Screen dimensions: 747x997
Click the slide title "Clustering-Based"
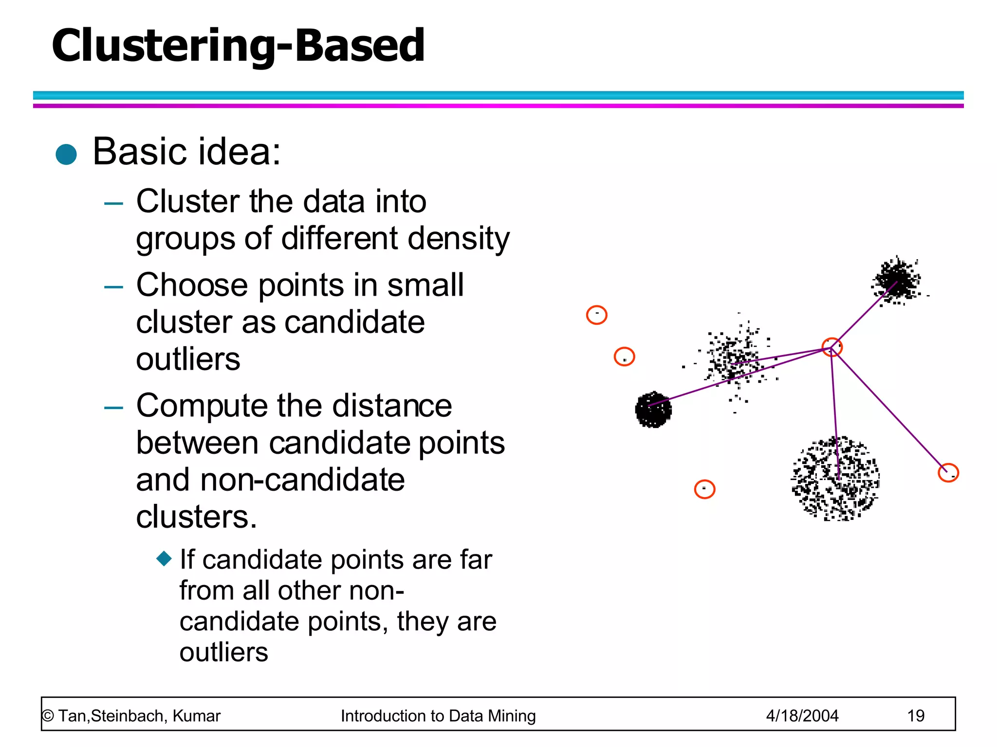(x=238, y=46)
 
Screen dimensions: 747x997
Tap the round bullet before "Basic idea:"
(x=66, y=155)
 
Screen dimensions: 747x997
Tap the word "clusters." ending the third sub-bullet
(x=196, y=516)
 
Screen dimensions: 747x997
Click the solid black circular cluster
(x=653, y=409)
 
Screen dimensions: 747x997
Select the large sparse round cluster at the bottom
(x=835, y=479)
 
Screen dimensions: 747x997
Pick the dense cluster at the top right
(x=897, y=280)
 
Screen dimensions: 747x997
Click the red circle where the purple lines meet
(x=832, y=347)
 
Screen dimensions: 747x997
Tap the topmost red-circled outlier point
(x=596, y=315)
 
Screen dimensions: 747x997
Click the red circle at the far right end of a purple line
(x=948, y=473)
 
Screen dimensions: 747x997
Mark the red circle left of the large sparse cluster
(x=704, y=489)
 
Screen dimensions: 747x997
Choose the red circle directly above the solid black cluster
(x=624, y=356)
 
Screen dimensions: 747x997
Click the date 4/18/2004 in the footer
(x=802, y=716)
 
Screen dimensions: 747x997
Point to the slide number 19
(x=915, y=716)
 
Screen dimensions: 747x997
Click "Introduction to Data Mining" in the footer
(x=438, y=716)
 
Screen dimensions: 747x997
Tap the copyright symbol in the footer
(x=48, y=716)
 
